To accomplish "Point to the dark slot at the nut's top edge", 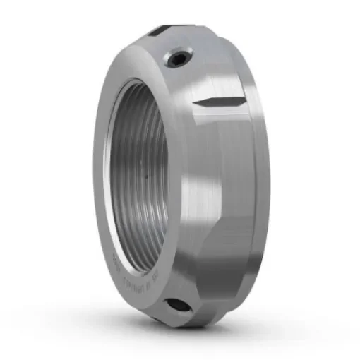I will (159, 30).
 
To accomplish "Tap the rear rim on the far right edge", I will (265, 176).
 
